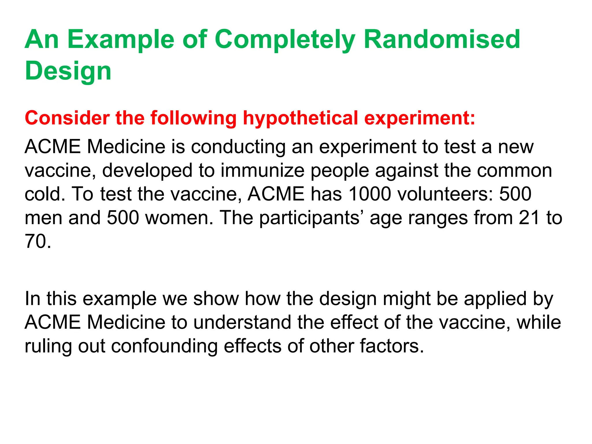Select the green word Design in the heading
[68, 71]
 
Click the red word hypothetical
[301, 119]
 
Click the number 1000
[370, 194]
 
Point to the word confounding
[164, 346]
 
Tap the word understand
[242, 322]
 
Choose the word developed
[147, 171]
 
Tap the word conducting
[238, 147]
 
